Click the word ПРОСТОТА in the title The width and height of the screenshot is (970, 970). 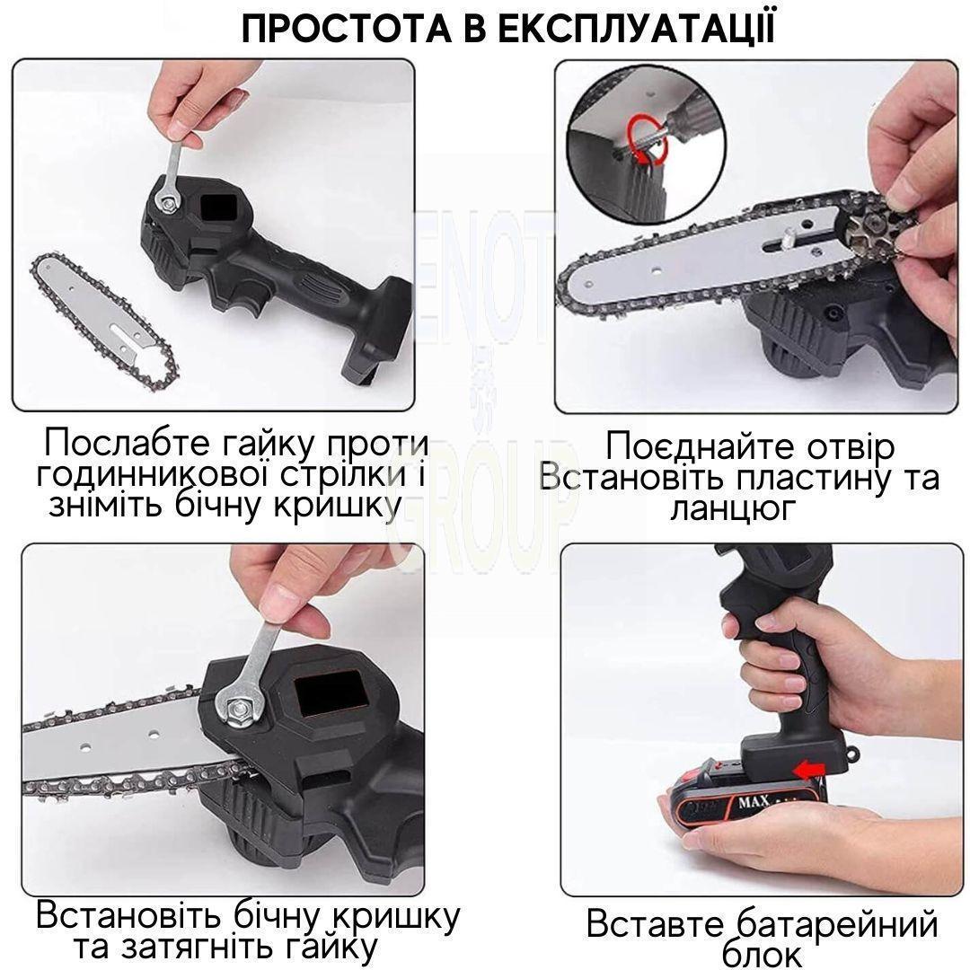pyautogui.click(x=347, y=29)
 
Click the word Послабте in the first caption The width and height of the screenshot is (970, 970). pyautogui.click(x=127, y=442)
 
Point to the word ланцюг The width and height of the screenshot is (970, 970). pyautogui.click(x=733, y=509)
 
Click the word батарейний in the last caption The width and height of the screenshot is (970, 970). pyautogui.click(x=838, y=925)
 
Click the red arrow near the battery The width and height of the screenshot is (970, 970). pyautogui.click(x=808, y=771)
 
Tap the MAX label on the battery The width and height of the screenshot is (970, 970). pyautogui.click(x=754, y=802)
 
